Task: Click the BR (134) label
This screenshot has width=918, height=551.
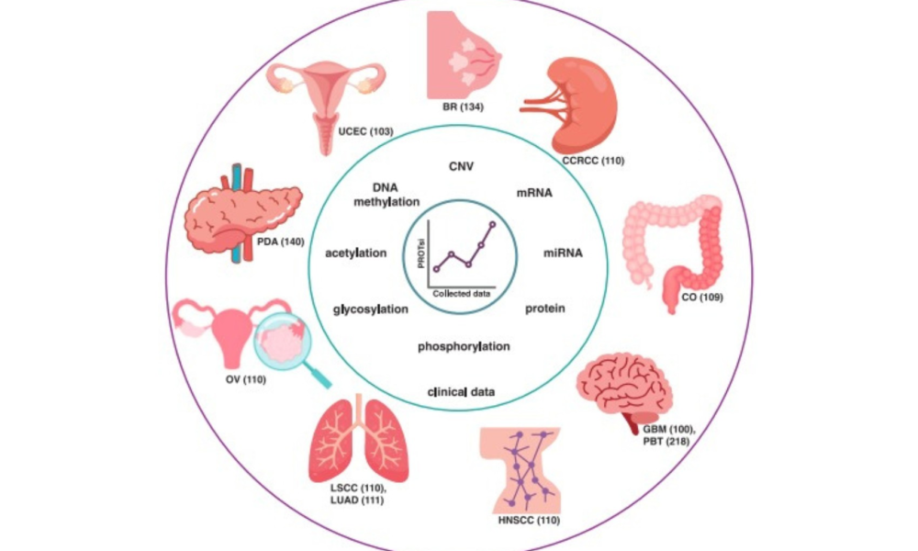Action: (x=463, y=107)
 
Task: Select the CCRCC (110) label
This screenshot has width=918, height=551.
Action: (x=593, y=161)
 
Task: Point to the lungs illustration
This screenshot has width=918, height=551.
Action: (x=358, y=438)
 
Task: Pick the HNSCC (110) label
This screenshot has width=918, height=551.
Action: (x=529, y=520)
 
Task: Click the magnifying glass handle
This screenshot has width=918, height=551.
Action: (x=318, y=375)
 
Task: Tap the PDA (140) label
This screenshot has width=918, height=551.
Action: (x=280, y=242)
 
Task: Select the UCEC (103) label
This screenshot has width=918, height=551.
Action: (x=365, y=131)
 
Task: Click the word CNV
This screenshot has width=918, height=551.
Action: (x=462, y=167)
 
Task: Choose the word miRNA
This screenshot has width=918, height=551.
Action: (x=563, y=253)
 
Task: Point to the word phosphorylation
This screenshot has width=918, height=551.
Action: (x=464, y=346)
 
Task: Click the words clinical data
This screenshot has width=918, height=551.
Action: (x=462, y=392)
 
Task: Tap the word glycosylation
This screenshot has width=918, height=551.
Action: (x=371, y=309)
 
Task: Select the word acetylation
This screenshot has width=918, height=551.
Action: (x=356, y=253)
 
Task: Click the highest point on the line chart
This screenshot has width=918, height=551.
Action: (x=492, y=224)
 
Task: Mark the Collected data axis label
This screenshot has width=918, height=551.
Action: (x=462, y=293)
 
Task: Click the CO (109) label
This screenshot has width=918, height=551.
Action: (x=702, y=298)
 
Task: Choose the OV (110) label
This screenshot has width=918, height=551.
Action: (x=246, y=380)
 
